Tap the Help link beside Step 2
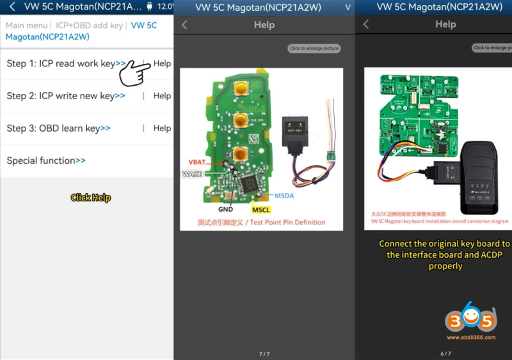pos(162,96)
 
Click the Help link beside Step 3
pos(162,129)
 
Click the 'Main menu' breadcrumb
pos(26,26)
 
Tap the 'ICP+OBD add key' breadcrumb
pos(89,26)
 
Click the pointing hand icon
pos(132,72)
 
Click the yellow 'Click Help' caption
pos(90,198)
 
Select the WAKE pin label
pos(193,174)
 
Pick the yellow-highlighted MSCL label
pos(261,210)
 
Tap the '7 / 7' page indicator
pos(264,354)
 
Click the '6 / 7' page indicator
pos(445,354)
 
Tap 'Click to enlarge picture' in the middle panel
pos(314,49)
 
